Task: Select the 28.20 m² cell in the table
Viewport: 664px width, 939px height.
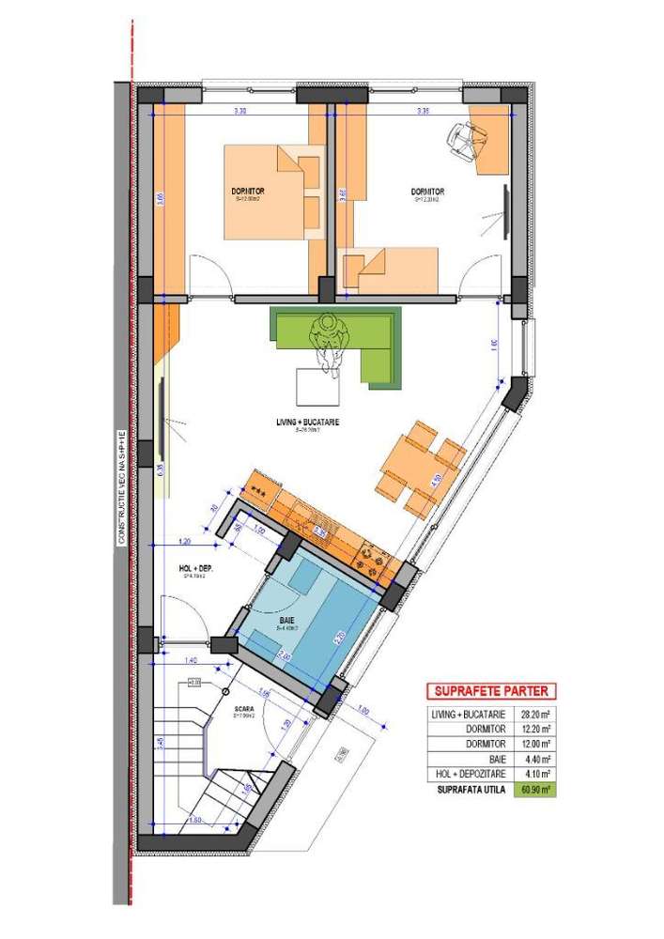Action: click(x=535, y=714)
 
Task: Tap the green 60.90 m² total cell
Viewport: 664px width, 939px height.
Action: click(x=535, y=790)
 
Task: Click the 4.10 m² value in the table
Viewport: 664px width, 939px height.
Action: click(x=535, y=773)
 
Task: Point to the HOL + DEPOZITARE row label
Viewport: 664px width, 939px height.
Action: click(x=471, y=773)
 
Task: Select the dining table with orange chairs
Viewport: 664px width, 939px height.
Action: click(x=420, y=467)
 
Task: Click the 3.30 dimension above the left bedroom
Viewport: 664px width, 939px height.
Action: click(x=240, y=111)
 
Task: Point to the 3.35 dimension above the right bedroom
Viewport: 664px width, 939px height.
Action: click(x=422, y=111)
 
